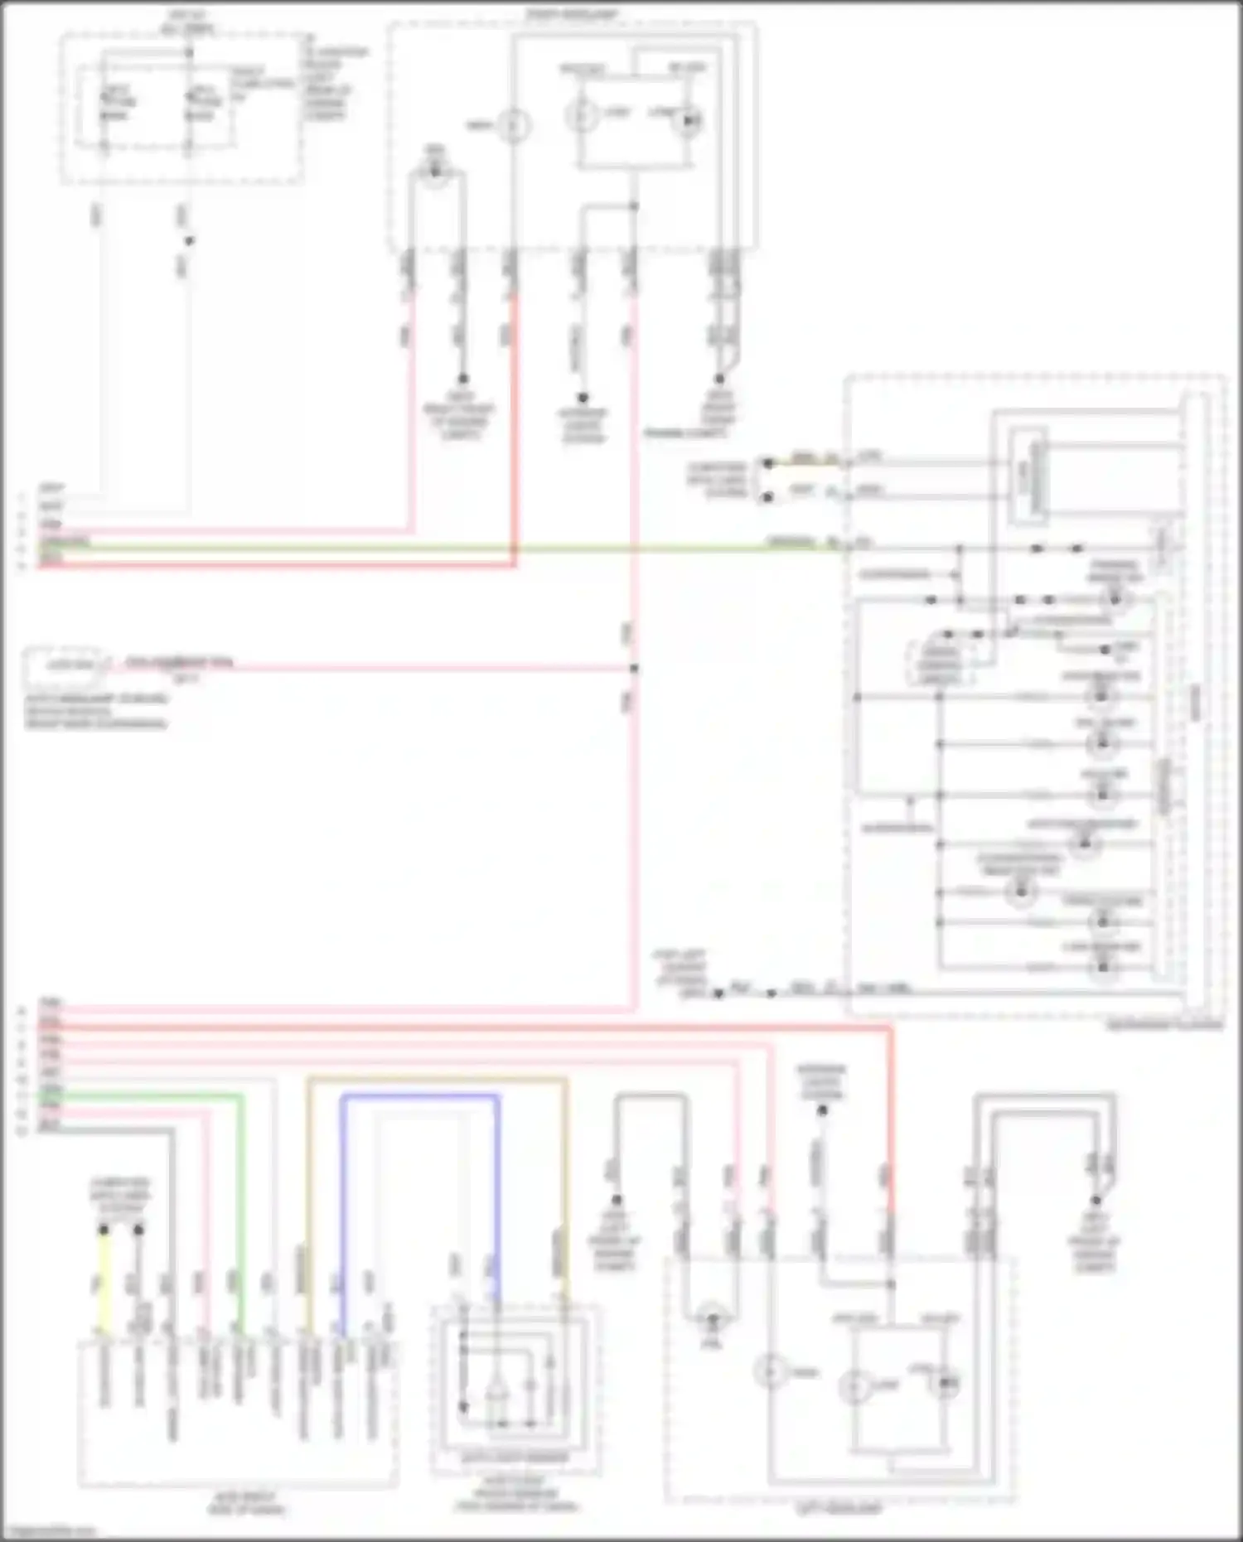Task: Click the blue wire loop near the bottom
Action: pyautogui.click(x=418, y=1096)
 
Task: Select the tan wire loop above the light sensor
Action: pyautogui.click(x=437, y=1079)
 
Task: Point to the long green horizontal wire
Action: pyautogui.click(x=414, y=548)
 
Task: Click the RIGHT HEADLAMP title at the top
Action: pyautogui.click(x=567, y=15)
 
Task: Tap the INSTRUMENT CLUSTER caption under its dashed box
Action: pyautogui.click(x=1163, y=1025)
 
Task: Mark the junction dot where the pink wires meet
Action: pyautogui.click(x=634, y=668)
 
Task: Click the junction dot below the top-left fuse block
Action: pyautogui.click(x=189, y=241)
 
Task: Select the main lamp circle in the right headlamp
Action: pyautogui.click(x=513, y=125)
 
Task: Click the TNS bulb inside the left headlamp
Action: pyautogui.click(x=709, y=1317)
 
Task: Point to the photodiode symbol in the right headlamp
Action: pyautogui.click(x=689, y=121)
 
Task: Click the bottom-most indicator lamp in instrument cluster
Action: pyautogui.click(x=1102, y=966)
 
